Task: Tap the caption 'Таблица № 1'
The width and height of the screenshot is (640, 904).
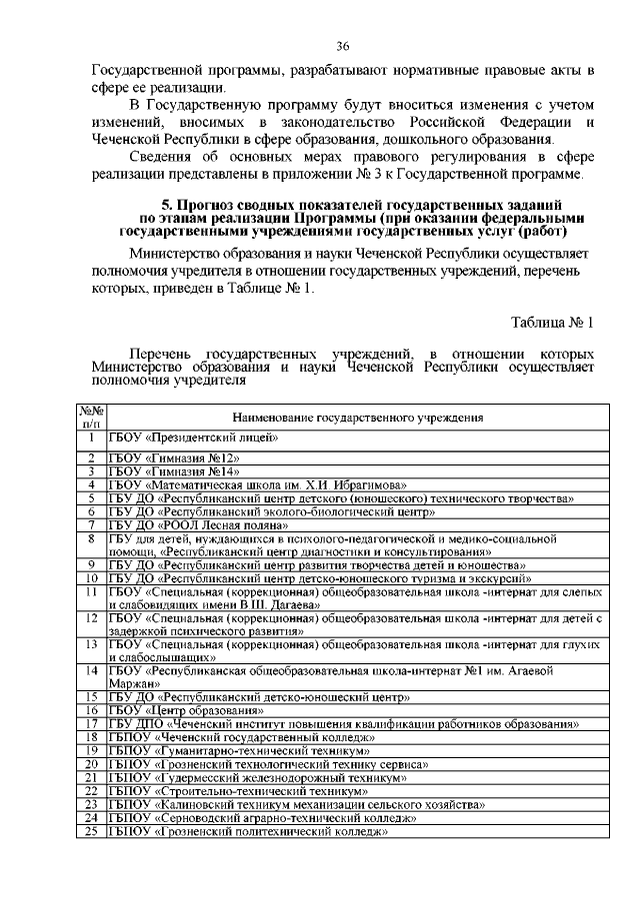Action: click(552, 323)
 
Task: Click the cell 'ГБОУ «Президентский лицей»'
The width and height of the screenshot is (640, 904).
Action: click(193, 438)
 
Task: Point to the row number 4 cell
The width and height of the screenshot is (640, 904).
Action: click(91, 484)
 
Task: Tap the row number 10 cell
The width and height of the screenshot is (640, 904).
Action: click(91, 577)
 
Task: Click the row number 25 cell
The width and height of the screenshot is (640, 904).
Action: click(91, 829)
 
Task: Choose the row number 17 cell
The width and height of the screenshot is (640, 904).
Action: click(91, 723)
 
